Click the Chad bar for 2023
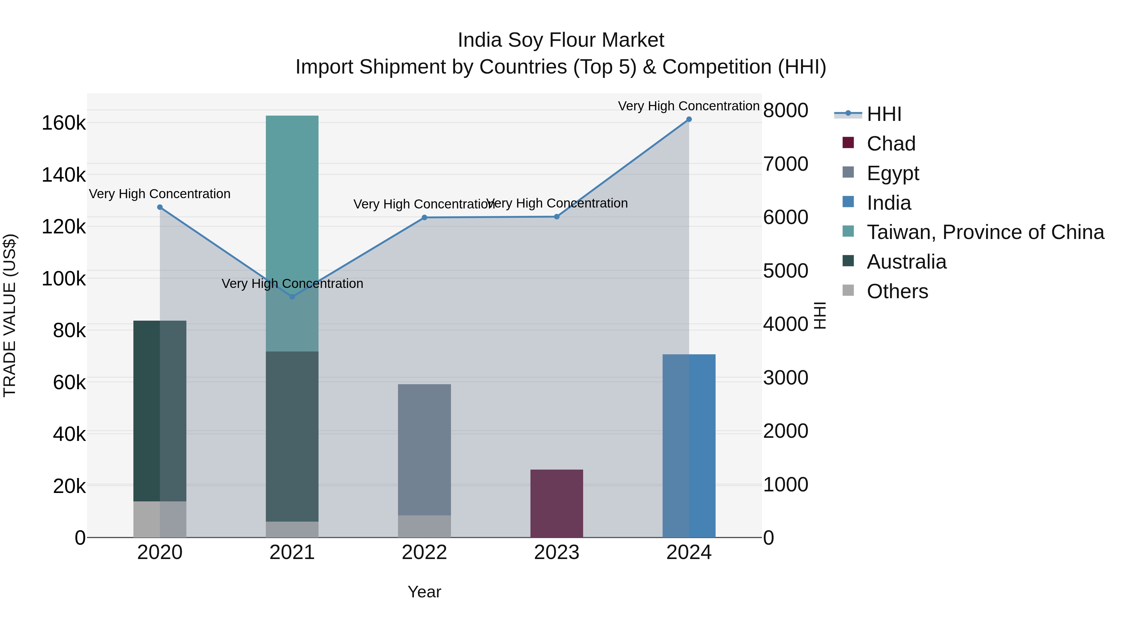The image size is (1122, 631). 556,504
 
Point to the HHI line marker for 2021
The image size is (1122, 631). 292,297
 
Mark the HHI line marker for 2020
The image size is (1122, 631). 160,207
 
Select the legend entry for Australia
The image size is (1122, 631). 906,262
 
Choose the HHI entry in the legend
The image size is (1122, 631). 884,114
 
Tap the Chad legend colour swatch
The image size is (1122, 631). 848,143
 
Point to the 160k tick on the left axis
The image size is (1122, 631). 64,123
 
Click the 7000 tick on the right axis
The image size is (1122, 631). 786,164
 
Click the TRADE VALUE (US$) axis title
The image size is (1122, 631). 10,315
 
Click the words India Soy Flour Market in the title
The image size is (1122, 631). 561,40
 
